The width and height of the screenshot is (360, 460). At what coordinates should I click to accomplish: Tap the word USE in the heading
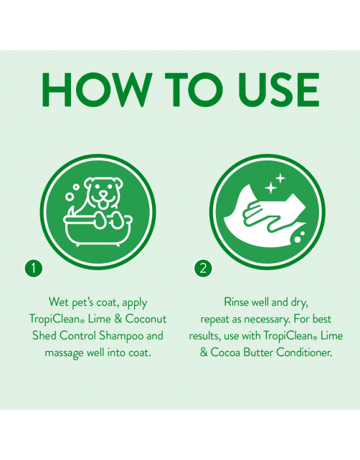pyautogui.click(x=279, y=89)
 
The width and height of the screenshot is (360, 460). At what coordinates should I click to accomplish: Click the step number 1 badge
pyautogui.click(x=34, y=268)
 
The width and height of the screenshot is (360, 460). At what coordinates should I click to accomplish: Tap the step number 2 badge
pyautogui.click(x=203, y=268)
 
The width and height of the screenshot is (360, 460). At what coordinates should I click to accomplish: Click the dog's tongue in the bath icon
pyautogui.click(x=103, y=206)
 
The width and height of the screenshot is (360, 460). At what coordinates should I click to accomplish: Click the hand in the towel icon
pyautogui.click(x=262, y=216)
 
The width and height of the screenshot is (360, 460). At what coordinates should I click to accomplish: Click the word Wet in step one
pyautogui.click(x=59, y=302)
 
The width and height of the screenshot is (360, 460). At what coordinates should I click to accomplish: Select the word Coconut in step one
pyautogui.click(x=146, y=319)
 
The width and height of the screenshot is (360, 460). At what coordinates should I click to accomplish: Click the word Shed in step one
pyautogui.click(x=44, y=335)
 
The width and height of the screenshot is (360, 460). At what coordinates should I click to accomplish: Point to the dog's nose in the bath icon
pyautogui.click(x=103, y=194)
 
